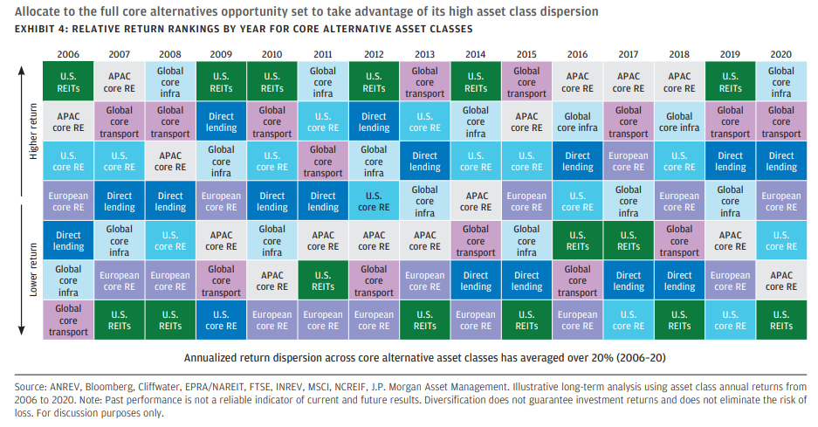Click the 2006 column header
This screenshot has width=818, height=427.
pos(68,54)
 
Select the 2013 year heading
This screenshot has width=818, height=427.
pos(424,54)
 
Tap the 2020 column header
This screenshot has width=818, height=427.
pos(780,54)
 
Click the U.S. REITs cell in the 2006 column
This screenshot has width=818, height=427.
pos(68,82)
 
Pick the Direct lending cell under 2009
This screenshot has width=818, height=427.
pos(221,122)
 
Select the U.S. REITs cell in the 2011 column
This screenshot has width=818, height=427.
pos(323,280)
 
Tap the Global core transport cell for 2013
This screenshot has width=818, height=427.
pos(424,82)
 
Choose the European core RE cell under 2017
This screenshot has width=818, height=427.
pos(629,162)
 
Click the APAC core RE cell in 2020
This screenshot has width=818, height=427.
pos(780,280)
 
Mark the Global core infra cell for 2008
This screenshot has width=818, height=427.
pos(170,82)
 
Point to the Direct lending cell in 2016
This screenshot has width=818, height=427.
pos(577,162)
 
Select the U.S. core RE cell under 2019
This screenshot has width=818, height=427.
pos(730,320)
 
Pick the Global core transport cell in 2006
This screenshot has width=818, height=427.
pos(68,320)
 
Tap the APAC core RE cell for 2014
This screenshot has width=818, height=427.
pos(476,202)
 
